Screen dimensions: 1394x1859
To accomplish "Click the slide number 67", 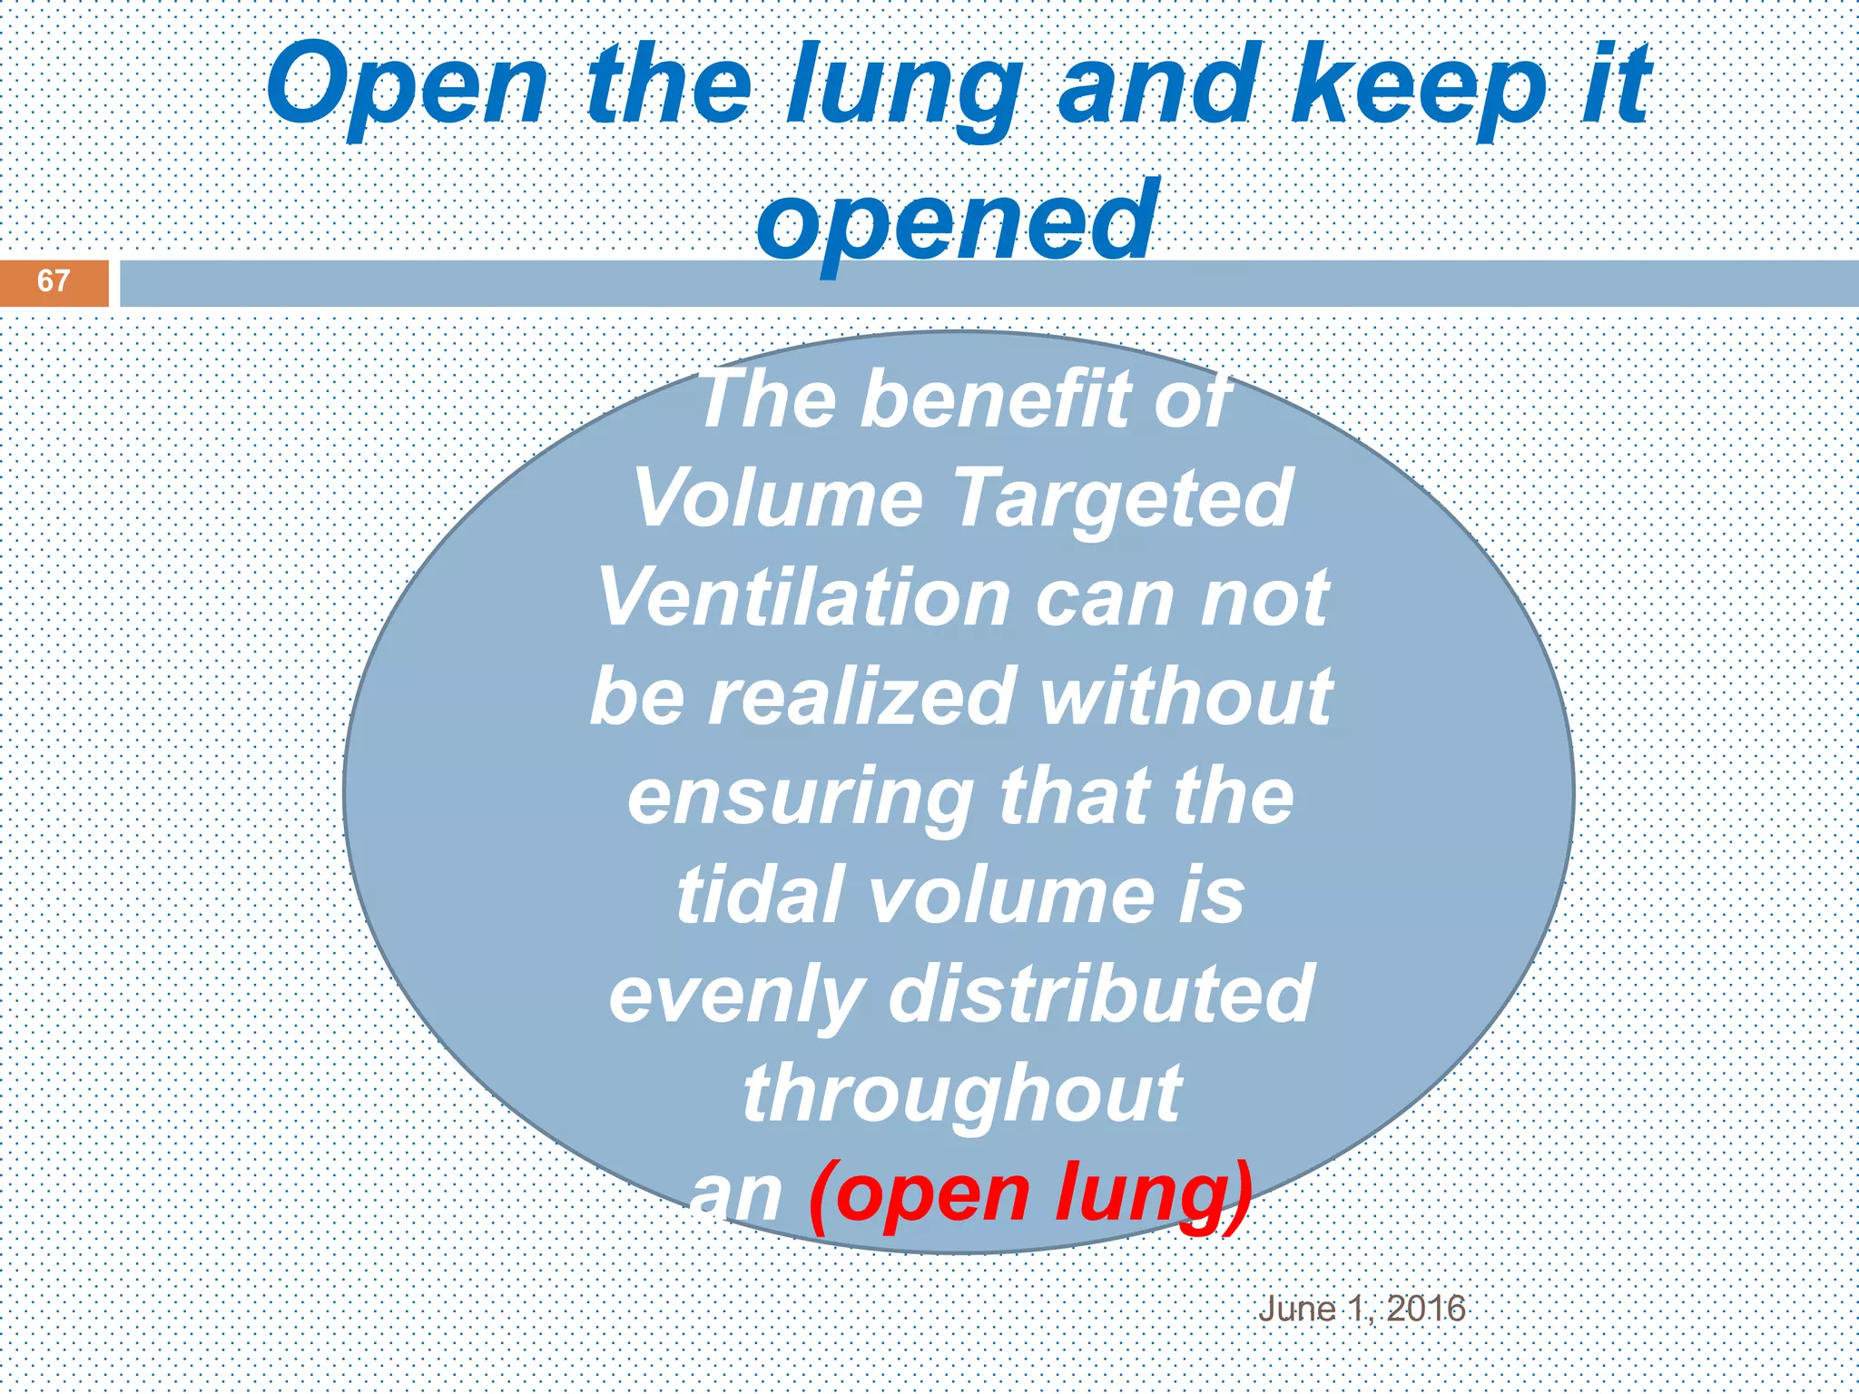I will [x=53, y=280].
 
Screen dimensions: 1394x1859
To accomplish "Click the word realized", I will [x=861, y=696].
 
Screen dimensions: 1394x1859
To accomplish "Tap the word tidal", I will [x=760, y=895].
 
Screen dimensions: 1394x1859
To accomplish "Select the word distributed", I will [x=1101, y=994].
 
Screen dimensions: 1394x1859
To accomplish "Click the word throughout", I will [x=962, y=1093].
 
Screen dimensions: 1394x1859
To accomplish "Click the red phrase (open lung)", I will [x=1030, y=1193].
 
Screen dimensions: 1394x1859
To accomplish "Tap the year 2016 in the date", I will [x=1426, y=1309].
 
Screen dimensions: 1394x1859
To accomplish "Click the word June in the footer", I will [x=1296, y=1309].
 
